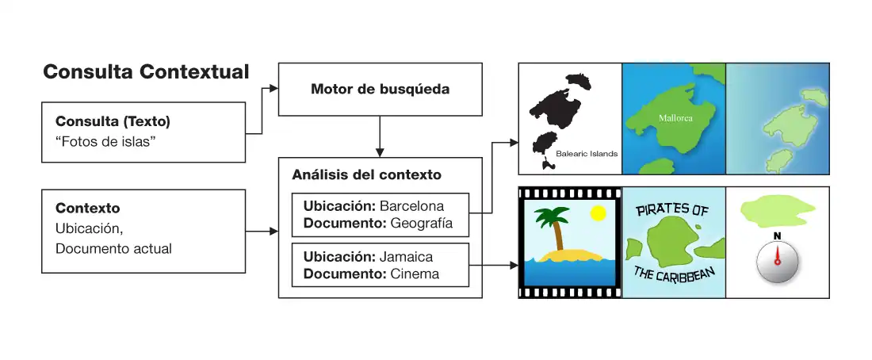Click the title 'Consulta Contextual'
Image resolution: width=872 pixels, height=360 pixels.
click(x=146, y=72)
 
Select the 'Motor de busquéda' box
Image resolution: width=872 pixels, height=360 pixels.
click(x=380, y=90)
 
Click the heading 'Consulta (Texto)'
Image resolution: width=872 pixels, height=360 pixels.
click(x=113, y=122)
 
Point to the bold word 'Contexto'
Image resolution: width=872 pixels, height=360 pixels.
click(x=87, y=209)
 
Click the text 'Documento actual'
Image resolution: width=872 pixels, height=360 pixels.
click(x=113, y=248)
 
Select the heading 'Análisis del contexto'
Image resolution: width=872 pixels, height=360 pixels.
click(x=366, y=174)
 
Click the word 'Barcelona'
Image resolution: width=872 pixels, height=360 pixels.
click(x=411, y=206)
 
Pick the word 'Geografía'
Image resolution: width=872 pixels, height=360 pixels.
click(x=421, y=223)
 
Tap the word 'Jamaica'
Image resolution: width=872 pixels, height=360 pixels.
click(x=406, y=257)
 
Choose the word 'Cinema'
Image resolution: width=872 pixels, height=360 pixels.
click(x=415, y=274)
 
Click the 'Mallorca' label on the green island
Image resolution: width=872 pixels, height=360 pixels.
click(x=675, y=118)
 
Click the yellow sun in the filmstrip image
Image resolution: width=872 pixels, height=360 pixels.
click(x=599, y=213)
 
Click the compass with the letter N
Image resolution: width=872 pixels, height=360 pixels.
click(x=777, y=262)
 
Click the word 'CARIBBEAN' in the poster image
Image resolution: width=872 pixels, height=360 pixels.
click(x=687, y=274)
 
